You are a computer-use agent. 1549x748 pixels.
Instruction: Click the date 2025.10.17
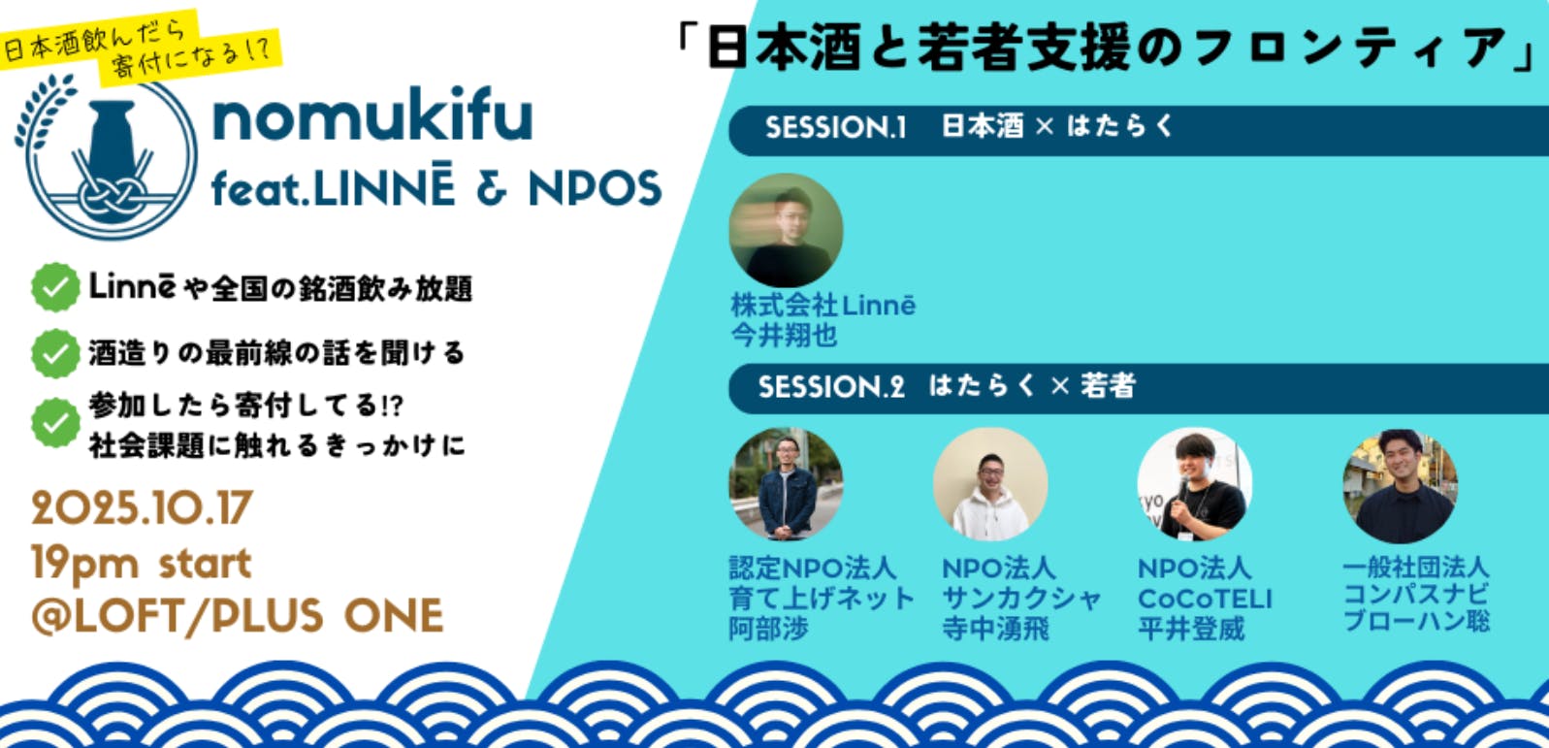tap(143, 508)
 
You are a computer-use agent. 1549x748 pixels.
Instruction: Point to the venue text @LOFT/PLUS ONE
tap(238, 616)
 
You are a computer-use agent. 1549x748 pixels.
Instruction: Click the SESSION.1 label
tap(835, 127)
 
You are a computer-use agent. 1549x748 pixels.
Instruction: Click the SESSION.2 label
tap(831, 387)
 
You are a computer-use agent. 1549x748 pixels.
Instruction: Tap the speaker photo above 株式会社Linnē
tap(787, 231)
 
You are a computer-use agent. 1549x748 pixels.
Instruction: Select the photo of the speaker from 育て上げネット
tap(787, 484)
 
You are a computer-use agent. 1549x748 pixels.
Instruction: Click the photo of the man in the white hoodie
tap(990, 484)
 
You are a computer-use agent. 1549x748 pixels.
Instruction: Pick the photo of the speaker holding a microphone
tap(1194, 484)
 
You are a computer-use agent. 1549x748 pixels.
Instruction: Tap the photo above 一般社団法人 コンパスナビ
tap(1400, 486)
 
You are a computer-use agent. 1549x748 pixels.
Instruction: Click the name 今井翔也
tap(784, 336)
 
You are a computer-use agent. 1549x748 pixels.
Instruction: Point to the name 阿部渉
tap(768, 629)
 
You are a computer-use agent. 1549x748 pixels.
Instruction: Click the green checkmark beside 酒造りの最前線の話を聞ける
tap(55, 353)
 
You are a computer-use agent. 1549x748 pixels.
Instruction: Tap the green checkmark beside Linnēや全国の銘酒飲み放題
tap(55, 287)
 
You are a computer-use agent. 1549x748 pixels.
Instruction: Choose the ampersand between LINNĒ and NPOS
tap(492, 188)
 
